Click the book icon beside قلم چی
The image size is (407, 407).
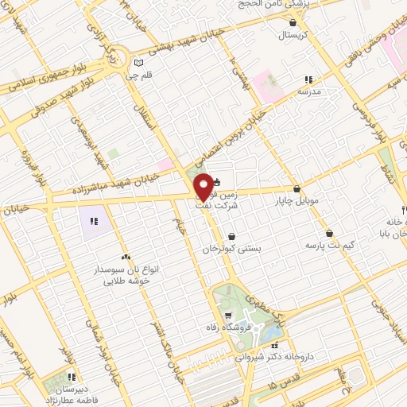pos(140,63)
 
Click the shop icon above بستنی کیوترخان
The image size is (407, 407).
pos(231,236)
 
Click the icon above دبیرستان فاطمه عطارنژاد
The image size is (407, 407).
pos(71,377)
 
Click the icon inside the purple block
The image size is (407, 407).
pos(94,220)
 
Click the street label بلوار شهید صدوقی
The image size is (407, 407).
pos(41,106)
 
